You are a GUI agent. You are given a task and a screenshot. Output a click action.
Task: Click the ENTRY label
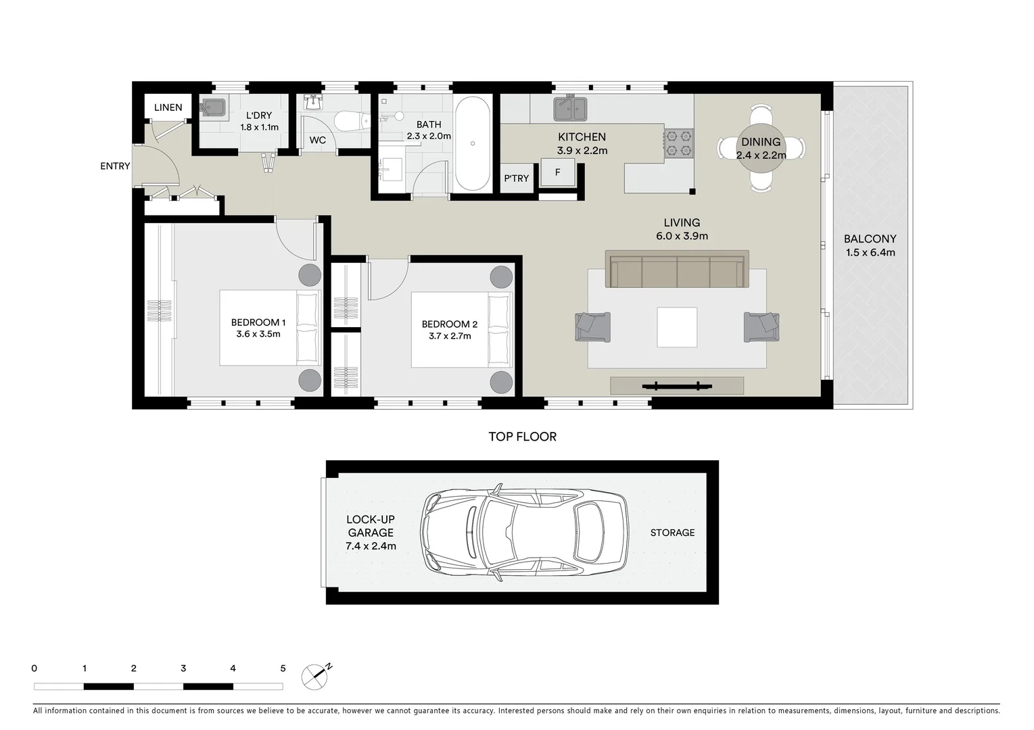(x=115, y=166)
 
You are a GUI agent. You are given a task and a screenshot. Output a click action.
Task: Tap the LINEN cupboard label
(x=168, y=107)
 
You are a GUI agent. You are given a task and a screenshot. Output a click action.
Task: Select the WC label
(x=317, y=141)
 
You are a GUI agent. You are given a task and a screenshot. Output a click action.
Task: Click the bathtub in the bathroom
(x=472, y=144)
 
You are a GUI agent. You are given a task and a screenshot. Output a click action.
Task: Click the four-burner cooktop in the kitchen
(x=679, y=143)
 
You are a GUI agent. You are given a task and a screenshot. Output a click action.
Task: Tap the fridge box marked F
(x=558, y=172)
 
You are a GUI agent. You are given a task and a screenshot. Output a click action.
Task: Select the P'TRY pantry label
(x=517, y=178)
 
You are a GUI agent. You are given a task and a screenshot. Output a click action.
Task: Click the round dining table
(x=761, y=148)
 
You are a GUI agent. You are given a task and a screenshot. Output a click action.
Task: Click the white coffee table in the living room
(x=677, y=327)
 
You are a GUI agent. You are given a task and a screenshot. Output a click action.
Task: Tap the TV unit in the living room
(x=677, y=386)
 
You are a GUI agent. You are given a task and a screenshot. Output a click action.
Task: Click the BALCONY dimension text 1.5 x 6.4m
(x=870, y=253)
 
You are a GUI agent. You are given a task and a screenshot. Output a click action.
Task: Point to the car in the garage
(x=523, y=532)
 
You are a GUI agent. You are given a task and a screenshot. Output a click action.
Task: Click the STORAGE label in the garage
(x=672, y=533)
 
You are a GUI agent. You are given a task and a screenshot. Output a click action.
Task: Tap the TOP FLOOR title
(x=523, y=437)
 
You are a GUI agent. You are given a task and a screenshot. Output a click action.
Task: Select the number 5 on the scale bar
(x=283, y=668)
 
